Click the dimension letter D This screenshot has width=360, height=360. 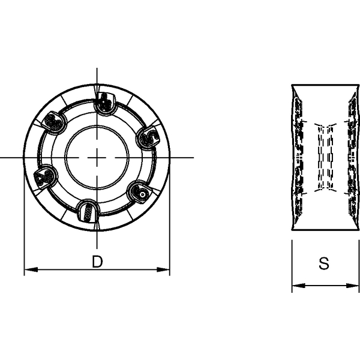click(x=96, y=262)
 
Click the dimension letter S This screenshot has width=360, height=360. click(x=323, y=263)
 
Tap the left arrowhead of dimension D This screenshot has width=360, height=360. click(x=28, y=269)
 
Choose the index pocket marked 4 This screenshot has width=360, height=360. click(x=105, y=103)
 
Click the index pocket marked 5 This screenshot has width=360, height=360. click(x=148, y=138)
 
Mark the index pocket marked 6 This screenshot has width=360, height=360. click(x=139, y=191)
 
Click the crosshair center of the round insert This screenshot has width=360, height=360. click(x=97, y=157)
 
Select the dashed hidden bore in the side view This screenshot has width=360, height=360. click(x=323, y=159)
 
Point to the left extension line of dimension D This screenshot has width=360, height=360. click(x=24, y=252)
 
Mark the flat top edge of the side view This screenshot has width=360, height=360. click(x=323, y=84)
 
